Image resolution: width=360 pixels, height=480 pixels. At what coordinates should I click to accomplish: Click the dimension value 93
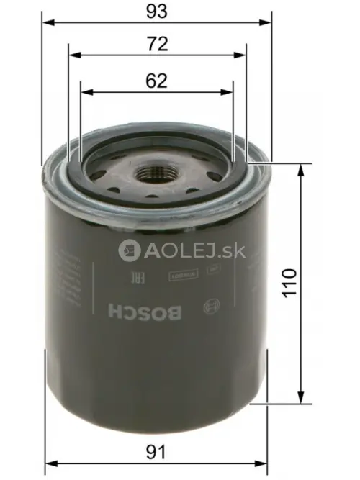coord(156,12)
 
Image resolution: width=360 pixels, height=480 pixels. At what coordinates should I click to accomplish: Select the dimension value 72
coord(156,45)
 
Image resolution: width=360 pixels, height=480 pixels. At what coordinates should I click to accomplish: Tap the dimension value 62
coord(156,81)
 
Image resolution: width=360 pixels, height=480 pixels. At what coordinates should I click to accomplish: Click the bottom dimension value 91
coord(156,452)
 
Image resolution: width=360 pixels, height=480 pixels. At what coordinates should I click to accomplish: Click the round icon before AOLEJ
coord(129,250)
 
